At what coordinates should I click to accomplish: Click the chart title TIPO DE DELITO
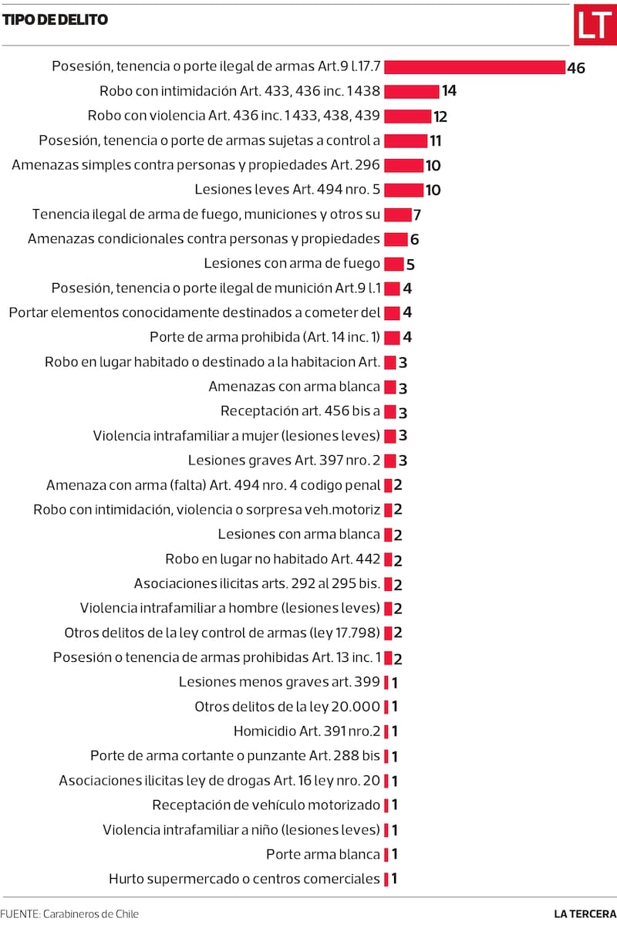tap(55, 20)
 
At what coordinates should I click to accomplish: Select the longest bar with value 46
tap(474, 67)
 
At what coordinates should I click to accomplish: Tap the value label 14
tap(449, 91)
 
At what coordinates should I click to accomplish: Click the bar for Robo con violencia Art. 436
tap(407, 116)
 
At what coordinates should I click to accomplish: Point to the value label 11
tap(435, 140)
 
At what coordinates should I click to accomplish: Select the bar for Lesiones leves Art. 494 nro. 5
tap(403, 190)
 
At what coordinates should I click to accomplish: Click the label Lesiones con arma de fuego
tap(292, 264)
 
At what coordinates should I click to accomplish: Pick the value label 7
tap(416, 214)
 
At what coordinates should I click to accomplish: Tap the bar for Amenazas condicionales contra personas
tap(395, 239)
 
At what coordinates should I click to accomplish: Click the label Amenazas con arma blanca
tap(294, 387)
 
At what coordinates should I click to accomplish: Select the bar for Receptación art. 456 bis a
tap(389, 411)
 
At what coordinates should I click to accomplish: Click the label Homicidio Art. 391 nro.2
tap(307, 731)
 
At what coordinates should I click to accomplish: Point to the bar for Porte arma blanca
tap(386, 854)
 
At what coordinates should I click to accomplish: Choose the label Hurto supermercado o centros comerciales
tap(244, 879)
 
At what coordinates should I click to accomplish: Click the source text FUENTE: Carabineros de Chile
tap(69, 913)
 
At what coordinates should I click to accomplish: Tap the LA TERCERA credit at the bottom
tap(585, 913)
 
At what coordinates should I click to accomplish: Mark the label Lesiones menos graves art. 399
tap(279, 682)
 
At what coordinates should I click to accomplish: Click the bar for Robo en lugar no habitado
tap(388, 559)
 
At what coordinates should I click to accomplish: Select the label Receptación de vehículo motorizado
tap(266, 805)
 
